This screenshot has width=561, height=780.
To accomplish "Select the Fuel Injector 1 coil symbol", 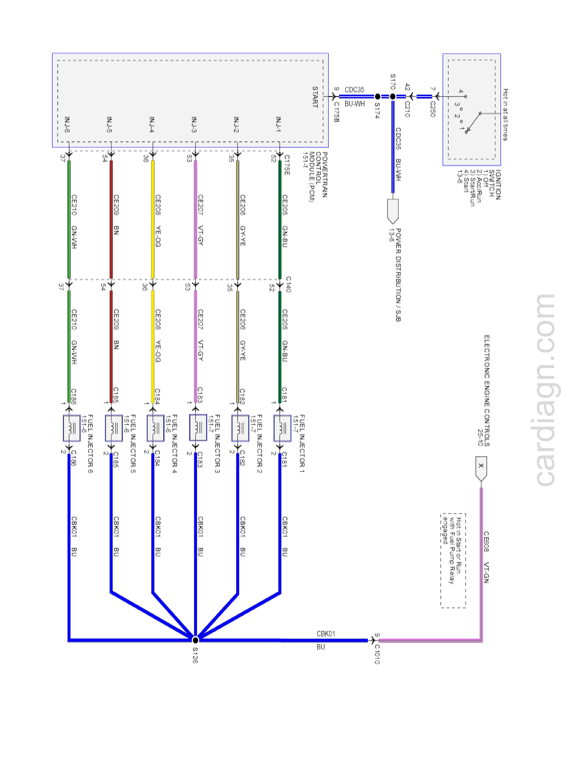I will pos(282,428).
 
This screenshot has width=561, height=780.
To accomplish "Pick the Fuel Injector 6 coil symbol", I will pos(72,428).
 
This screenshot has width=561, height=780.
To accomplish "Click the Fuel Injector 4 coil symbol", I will pos(156,428).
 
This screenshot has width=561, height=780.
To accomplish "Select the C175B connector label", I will pos(336,112).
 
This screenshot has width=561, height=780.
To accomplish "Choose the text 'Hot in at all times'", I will pos(505,115).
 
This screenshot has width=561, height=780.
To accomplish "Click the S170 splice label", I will pos(393,81).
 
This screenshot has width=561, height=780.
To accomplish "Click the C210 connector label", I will pos(407,109).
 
